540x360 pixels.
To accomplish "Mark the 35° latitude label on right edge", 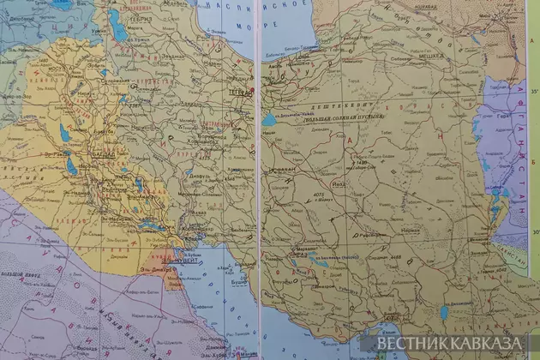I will (533, 88).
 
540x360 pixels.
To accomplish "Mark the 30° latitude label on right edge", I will (533, 230).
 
